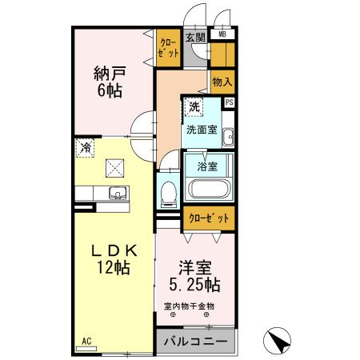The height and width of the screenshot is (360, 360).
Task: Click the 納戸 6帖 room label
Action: [110, 82]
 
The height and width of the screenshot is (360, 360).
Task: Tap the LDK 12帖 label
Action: [114, 259]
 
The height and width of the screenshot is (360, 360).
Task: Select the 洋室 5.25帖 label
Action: [195, 276]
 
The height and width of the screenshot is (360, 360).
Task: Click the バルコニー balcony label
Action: [196, 342]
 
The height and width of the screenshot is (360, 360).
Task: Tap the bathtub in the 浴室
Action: [210, 189]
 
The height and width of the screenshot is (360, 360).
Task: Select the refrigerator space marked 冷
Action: [85, 147]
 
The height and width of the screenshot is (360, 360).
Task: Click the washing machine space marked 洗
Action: [194, 107]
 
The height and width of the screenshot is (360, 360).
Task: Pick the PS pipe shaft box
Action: [230, 102]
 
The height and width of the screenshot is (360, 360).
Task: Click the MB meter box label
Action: [222, 34]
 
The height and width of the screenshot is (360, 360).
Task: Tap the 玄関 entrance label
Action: [195, 38]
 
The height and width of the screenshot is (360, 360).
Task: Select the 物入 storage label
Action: [222, 82]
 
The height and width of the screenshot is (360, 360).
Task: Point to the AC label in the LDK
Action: [86, 341]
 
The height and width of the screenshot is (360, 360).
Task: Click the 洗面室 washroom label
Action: [202, 130]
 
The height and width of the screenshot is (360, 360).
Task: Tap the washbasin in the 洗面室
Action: [228, 137]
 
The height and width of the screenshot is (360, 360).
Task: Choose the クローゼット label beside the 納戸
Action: [168, 48]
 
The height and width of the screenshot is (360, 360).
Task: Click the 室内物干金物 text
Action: [189, 306]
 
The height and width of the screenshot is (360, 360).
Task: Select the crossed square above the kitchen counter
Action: [115, 168]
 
